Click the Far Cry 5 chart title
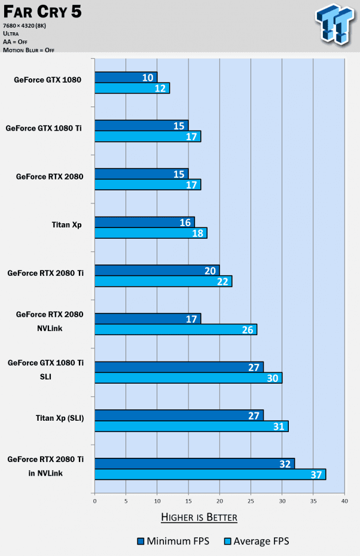(42, 11)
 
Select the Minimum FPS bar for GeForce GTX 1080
(126, 77)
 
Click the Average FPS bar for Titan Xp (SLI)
(191, 426)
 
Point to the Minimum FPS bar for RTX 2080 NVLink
(148, 318)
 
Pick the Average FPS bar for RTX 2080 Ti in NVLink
(210, 475)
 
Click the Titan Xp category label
(66, 225)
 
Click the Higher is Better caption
(199, 517)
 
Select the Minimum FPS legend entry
(170, 542)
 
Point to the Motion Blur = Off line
(29, 50)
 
